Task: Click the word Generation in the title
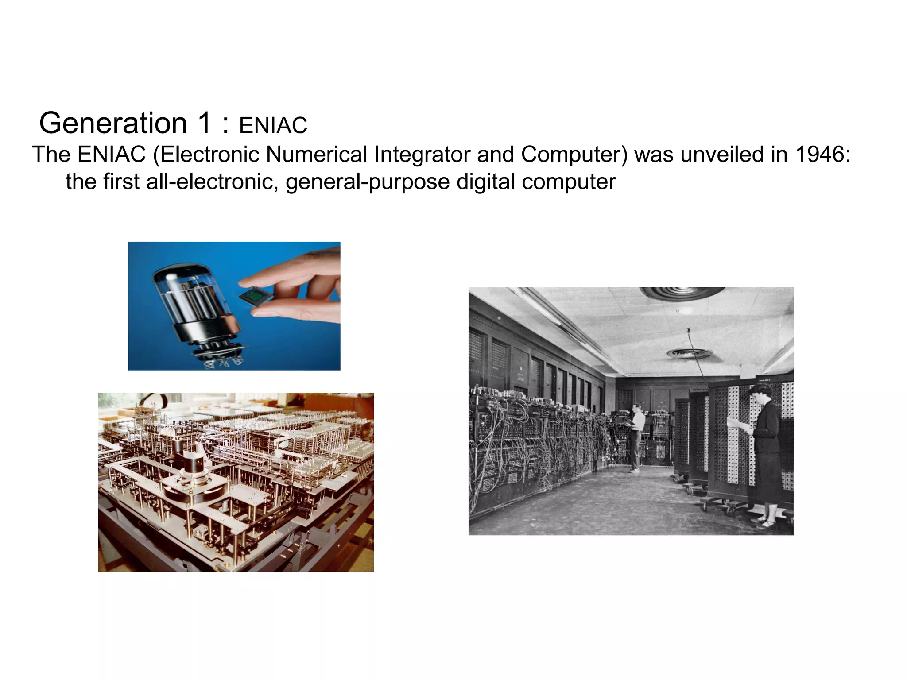pyautogui.click(x=113, y=123)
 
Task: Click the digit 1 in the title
pyautogui.click(x=205, y=123)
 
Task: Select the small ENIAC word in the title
pyautogui.click(x=273, y=126)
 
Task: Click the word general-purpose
pyautogui.click(x=368, y=182)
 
